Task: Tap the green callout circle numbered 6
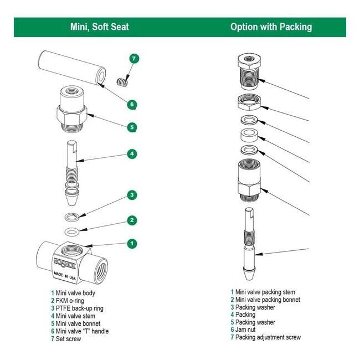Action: (132, 104)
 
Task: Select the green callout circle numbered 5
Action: (132, 127)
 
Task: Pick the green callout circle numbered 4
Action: (132, 154)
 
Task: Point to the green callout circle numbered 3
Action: (132, 195)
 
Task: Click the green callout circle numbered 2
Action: (132, 220)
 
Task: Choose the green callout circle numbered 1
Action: (132, 243)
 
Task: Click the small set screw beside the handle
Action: (122, 82)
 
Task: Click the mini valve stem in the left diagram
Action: (73, 168)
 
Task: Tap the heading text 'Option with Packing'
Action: (271, 27)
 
